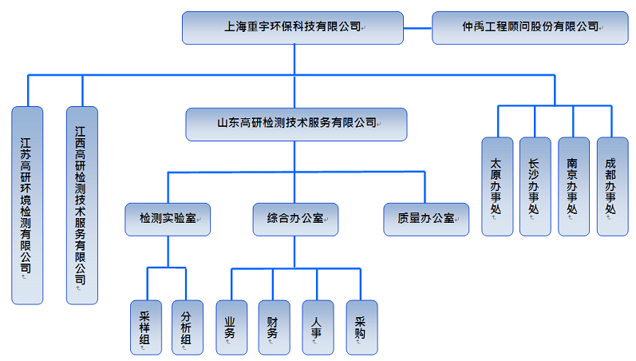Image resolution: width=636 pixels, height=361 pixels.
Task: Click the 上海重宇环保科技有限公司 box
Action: pyautogui.click(x=292, y=27)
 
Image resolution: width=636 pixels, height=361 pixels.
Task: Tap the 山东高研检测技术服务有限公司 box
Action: pyautogui.click(x=296, y=124)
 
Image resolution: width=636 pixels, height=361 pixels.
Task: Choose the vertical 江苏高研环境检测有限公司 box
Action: pyautogui.click(x=27, y=205)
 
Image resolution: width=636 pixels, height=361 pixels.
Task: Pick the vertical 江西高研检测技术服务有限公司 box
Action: pyautogui.click(x=81, y=205)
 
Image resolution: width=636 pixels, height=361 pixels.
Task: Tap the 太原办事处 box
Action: pyautogui.click(x=497, y=186)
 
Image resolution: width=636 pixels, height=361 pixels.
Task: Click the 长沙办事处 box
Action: pyautogui.click(x=535, y=186)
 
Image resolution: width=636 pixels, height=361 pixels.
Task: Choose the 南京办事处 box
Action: pyautogui.click(x=573, y=186)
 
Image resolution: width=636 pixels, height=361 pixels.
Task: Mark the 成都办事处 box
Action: pyautogui.click(x=612, y=186)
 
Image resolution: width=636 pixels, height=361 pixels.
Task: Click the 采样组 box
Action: pyautogui.click(x=146, y=327)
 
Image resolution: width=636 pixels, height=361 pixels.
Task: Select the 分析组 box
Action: pyautogui.click(x=187, y=327)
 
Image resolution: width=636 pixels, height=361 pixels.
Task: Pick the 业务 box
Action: pyautogui.click(x=231, y=327)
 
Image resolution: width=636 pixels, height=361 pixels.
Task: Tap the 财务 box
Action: pyautogui.click(x=274, y=327)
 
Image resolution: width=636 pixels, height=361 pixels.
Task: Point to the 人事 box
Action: pyautogui.click(x=318, y=327)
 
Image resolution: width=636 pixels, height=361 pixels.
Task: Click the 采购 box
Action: pyautogui.click(x=361, y=327)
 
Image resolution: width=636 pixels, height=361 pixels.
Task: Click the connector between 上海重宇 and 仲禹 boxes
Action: pyautogui.click(x=417, y=27)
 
